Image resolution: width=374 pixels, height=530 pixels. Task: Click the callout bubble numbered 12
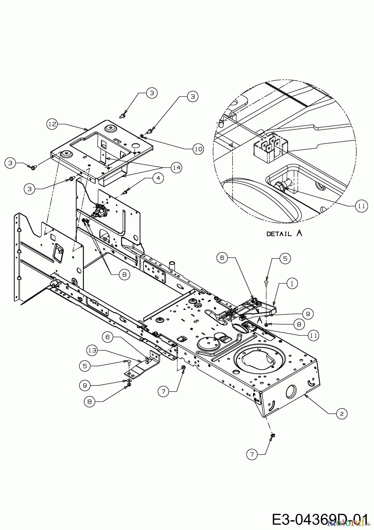[x=52, y=124]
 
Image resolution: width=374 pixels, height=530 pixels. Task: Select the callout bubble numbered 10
[x=198, y=149]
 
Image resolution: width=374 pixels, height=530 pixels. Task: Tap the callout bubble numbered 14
[x=176, y=168]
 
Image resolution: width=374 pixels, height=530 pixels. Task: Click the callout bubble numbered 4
[x=158, y=178]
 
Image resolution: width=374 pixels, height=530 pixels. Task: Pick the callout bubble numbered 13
[x=92, y=350]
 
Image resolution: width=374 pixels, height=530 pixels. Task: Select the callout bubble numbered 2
[x=341, y=414]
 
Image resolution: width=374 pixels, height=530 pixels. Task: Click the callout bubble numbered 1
[x=292, y=283]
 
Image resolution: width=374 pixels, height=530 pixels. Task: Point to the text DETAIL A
[x=284, y=233]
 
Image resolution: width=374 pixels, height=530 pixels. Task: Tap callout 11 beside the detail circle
[x=361, y=206]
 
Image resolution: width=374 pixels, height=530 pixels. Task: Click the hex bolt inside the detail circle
[x=278, y=186]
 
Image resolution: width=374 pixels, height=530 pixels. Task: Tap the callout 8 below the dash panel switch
[x=124, y=274]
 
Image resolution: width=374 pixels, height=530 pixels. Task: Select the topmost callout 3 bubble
[x=152, y=93]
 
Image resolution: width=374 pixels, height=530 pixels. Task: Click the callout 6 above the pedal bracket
[x=222, y=258]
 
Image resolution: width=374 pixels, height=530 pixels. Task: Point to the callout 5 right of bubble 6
[x=285, y=259]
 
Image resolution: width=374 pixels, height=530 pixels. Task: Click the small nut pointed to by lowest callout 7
[x=272, y=435]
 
